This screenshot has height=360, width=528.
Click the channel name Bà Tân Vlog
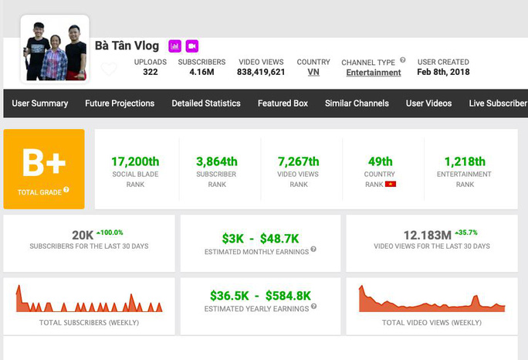point(127,46)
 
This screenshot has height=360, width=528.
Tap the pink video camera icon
point(192,46)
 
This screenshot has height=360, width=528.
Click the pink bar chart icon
point(174,46)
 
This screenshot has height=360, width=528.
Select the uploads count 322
point(150,73)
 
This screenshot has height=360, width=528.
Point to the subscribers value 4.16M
point(201,73)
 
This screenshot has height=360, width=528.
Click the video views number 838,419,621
point(261,73)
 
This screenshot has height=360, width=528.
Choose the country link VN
point(313,73)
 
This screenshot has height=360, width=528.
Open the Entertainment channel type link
point(374,73)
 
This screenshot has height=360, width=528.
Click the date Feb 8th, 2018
point(443,73)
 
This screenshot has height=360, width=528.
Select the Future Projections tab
point(120,104)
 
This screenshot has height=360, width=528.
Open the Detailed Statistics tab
point(205,104)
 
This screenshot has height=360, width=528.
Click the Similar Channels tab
point(357,104)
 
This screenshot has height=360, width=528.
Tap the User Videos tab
point(428,104)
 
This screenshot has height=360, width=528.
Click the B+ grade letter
point(44,163)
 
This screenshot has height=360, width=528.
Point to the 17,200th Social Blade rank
point(135,161)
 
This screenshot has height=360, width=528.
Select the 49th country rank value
point(380,161)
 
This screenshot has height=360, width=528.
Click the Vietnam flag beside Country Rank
point(391,185)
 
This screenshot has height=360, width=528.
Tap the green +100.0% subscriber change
point(110,232)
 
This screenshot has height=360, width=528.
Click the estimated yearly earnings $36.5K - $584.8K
point(260,295)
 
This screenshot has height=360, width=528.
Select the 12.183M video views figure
point(428,235)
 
